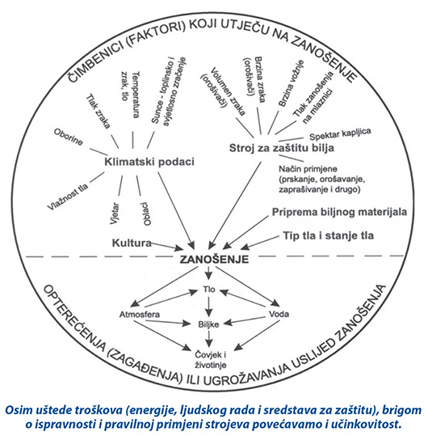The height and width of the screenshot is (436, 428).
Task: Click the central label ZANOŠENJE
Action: [214, 259]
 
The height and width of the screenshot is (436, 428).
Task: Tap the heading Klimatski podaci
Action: [149, 162]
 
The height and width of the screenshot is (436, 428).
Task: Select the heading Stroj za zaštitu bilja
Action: [282, 148]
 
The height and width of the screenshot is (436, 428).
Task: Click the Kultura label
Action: [132, 243]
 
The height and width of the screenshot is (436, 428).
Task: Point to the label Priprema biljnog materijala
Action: [339, 212]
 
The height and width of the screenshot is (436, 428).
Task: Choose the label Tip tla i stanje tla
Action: [328, 235]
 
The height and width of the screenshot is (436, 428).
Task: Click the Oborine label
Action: [69, 137]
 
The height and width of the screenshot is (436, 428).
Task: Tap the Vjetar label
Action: [115, 214]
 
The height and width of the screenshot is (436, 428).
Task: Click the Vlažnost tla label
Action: [68, 197]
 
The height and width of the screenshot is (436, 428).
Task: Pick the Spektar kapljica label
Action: [340, 134]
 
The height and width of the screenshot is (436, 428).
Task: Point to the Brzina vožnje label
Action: [291, 83]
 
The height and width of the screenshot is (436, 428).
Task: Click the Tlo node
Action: [209, 290]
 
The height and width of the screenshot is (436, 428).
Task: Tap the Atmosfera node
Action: [140, 315]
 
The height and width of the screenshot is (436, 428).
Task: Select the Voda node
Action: [279, 314]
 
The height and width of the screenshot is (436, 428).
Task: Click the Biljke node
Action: [208, 324]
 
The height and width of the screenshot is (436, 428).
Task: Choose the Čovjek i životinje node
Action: [211, 360]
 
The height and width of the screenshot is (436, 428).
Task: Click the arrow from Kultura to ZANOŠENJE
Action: [166, 246]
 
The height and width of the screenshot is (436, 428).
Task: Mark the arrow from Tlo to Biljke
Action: [208, 307]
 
